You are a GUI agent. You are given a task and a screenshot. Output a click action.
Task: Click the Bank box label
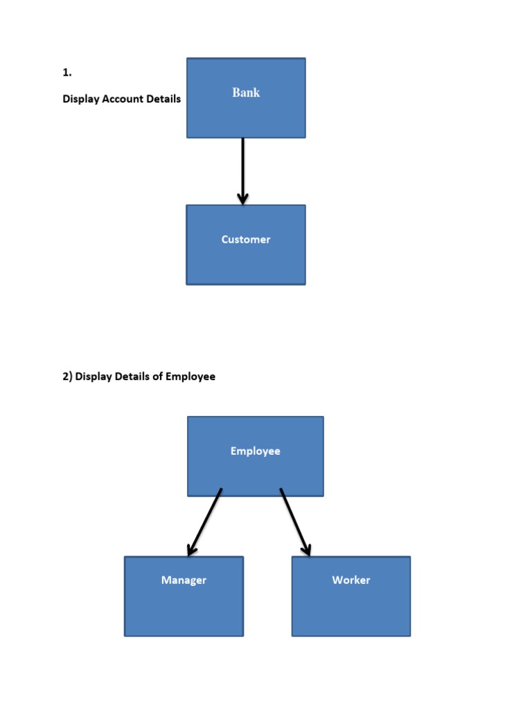coord(246,92)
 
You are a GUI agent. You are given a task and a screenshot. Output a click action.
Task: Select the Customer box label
coord(246,239)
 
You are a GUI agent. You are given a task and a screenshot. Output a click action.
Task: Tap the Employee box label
coord(255,451)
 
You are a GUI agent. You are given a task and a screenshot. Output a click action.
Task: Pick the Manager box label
coord(184,580)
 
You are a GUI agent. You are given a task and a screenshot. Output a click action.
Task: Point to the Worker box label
coord(351,580)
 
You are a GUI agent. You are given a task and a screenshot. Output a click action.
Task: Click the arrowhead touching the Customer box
coord(242,199)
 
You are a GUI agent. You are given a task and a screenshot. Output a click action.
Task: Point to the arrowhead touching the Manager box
coord(192,549)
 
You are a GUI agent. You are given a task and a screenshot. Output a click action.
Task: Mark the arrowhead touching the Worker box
coord(306,549)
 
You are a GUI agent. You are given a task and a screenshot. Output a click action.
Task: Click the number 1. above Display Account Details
coord(67,72)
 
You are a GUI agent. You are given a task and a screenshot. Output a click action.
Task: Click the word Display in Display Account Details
coord(81,99)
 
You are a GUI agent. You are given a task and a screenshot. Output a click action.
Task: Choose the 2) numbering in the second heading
coord(67,376)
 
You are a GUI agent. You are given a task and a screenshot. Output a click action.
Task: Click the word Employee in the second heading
coord(192,376)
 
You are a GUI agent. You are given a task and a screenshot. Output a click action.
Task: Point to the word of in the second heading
coord(159,376)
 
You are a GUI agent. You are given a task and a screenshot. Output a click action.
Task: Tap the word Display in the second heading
coord(94,376)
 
